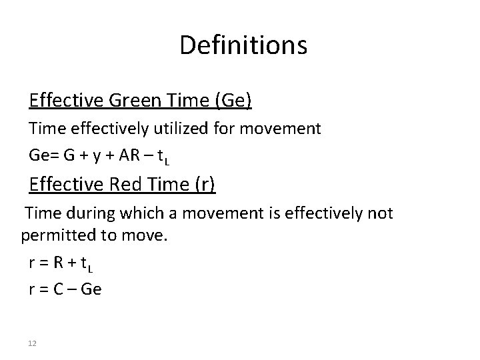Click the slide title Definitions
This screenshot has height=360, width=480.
coord(243,45)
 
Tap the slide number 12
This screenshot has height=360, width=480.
coord(32,343)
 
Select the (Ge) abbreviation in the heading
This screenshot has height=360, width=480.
coord(231,101)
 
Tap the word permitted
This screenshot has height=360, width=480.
coord(56,235)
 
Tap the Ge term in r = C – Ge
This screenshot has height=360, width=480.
coord(91,291)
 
